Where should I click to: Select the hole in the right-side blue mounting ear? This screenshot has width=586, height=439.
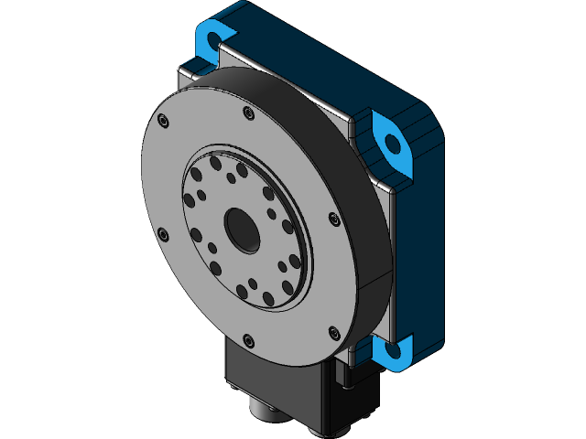click(393, 143)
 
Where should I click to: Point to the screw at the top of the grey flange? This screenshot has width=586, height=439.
click(248, 112)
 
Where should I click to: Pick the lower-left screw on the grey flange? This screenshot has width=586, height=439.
click(163, 234)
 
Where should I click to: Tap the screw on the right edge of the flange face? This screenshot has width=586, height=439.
click(333, 217)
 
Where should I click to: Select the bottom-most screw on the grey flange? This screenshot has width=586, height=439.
click(248, 338)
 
